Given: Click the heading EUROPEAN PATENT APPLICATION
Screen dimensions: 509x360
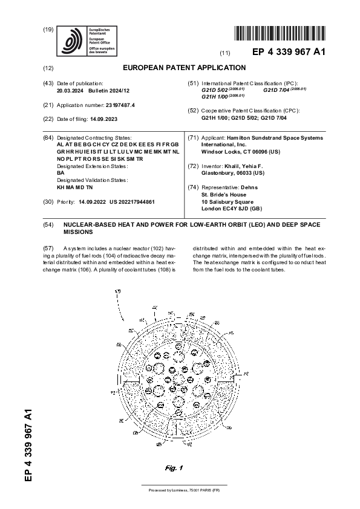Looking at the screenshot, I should (184, 68).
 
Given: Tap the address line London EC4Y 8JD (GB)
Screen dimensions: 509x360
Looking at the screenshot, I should (231, 209).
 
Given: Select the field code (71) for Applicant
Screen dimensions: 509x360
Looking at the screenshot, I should (194, 138).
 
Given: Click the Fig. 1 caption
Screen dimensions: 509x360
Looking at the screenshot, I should (174, 468).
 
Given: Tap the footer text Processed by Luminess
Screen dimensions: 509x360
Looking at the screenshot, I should (180, 490).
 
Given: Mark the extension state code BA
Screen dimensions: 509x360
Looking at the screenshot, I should (61, 173).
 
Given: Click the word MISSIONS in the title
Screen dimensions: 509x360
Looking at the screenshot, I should (79, 232).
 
